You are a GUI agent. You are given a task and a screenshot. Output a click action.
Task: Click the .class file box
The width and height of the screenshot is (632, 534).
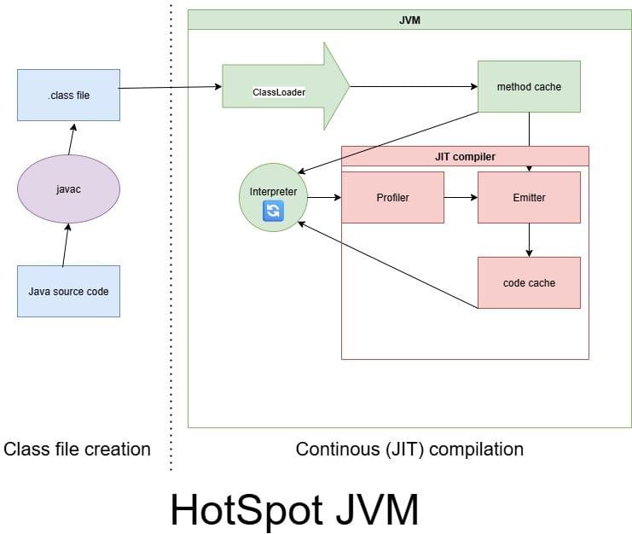coord(68,95)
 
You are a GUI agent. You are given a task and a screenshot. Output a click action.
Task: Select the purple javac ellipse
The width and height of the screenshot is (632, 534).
coord(68,189)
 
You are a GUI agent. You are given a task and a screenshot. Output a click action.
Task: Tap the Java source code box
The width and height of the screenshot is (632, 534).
coord(68,291)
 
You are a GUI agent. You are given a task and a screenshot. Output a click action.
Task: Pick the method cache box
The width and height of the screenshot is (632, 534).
coord(529,86)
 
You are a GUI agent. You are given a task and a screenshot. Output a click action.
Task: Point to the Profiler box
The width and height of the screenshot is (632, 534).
coord(392,197)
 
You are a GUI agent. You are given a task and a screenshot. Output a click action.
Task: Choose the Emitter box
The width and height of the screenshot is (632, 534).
coord(529,197)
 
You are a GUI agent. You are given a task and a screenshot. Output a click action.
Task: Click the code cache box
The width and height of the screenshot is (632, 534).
coord(529,282)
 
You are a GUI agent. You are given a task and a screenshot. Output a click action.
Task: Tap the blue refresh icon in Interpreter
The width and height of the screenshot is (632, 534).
coord(273,211)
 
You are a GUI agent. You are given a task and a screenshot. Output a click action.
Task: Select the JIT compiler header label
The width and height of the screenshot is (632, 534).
coord(465,156)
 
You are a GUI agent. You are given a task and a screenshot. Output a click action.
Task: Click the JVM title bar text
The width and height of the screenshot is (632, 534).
coord(409,19)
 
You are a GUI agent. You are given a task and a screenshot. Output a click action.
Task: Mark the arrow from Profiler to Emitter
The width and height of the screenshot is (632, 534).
coord(461,197)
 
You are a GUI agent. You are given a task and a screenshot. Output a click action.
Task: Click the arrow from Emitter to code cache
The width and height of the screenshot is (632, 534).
coord(529,240)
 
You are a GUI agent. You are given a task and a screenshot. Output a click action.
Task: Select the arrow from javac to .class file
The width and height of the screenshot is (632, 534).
coord(72,135)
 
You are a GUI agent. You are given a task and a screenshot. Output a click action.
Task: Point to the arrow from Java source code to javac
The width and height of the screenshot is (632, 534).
coord(65,246)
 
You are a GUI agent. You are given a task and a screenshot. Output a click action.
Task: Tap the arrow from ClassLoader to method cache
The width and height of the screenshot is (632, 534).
coord(414,86)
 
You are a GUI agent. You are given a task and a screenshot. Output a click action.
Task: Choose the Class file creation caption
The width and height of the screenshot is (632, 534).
coord(78,449)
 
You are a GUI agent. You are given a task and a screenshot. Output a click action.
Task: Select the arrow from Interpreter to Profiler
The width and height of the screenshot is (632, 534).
coord(324,197)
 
